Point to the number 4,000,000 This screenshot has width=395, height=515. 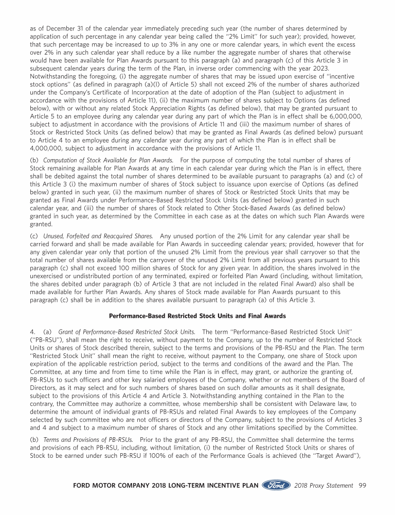[x=44, y=148]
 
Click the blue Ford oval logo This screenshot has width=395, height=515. [x=277, y=485]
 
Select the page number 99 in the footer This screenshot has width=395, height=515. [x=362, y=486]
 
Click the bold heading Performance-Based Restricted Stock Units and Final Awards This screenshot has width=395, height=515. [x=197, y=316]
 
